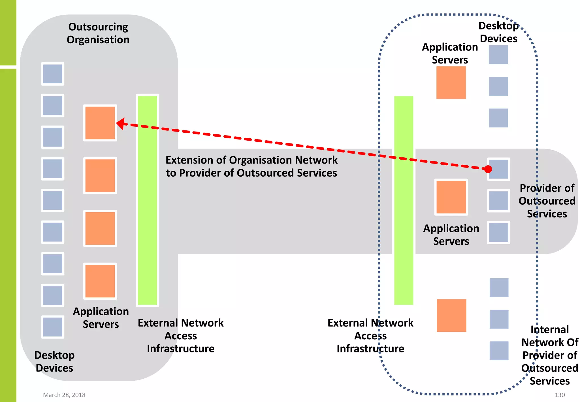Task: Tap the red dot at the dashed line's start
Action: (488, 169)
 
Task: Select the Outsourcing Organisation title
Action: (98, 33)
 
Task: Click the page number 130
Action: (560, 395)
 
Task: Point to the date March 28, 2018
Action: (64, 395)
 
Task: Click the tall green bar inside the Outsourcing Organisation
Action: (148, 200)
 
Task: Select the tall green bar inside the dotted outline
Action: (404, 200)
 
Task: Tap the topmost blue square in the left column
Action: (53, 74)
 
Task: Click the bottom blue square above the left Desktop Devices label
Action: (53, 327)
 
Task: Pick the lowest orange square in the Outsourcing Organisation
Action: (100, 281)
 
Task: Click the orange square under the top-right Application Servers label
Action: (451, 82)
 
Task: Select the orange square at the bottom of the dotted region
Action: (451, 315)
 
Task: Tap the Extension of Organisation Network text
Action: (251, 166)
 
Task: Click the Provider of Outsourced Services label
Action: (547, 201)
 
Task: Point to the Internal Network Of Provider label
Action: (549, 355)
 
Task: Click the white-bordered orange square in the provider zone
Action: (451, 197)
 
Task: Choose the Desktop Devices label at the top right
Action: (498, 32)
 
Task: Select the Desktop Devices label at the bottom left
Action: (54, 361)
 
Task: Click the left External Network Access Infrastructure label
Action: (181, 336)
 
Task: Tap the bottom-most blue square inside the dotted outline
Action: (499, 351)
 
